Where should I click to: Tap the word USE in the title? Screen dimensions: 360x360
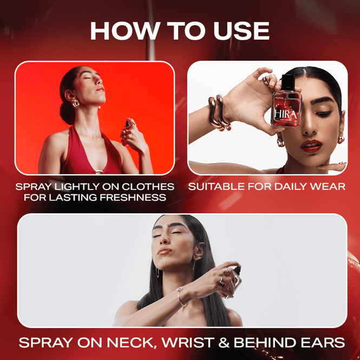click(x=241, y=31)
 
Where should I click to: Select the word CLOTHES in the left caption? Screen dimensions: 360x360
click(x=148, y=186)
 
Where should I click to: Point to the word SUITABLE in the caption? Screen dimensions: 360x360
click(x=217, y=186)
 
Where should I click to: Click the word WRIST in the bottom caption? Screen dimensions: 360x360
click(x=188, y=343)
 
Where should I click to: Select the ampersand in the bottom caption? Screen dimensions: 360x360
click(x=224, y=343)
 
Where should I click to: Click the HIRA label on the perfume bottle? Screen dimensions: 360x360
click(x=286, y=114)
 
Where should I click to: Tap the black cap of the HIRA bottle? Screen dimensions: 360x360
click(x=288, y=82)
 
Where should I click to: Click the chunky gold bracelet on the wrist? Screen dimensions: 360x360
click(x=219, y=113)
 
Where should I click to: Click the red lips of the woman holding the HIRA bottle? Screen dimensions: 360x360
click(x=312, y=146)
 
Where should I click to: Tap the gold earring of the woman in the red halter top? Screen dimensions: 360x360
click(x=76, y=103)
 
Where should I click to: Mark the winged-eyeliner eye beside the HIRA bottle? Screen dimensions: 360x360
click(x=323, y=113)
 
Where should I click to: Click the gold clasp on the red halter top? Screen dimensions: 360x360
click(x=99, y=171)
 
